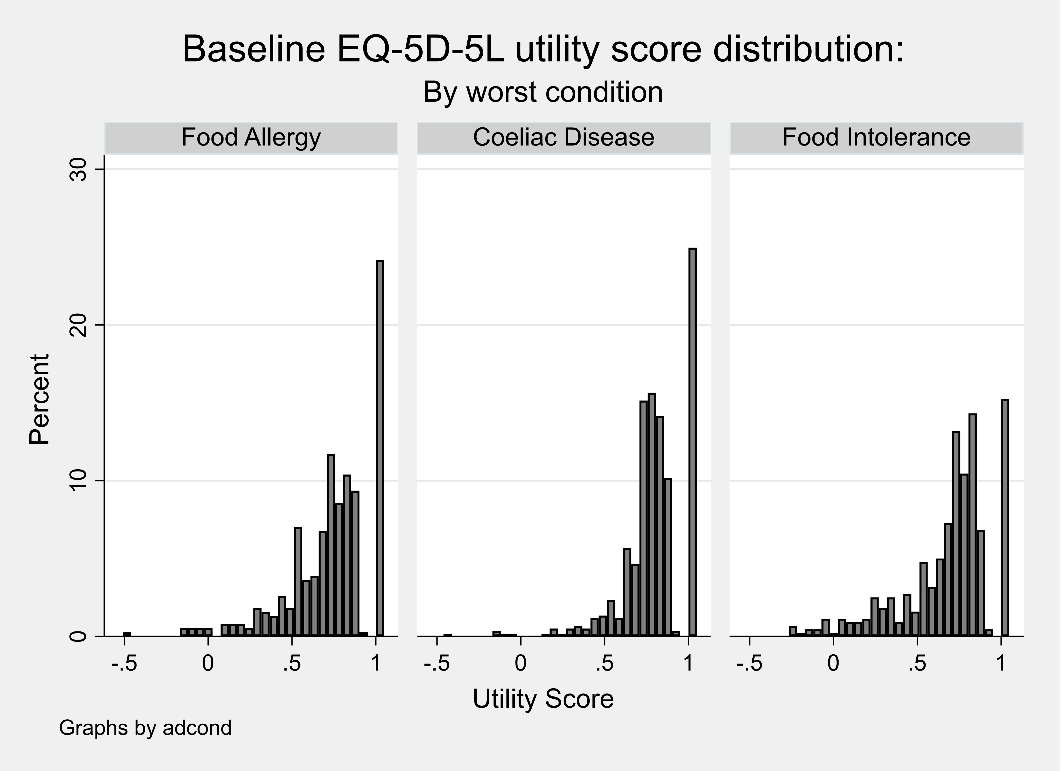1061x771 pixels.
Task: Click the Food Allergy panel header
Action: click(251, 138)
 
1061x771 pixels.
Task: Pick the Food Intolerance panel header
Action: click(876, 138)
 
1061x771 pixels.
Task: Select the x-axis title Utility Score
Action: click(543, 699)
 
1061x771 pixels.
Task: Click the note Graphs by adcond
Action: click(145, 728)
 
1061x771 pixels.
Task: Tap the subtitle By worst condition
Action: click(543, 92)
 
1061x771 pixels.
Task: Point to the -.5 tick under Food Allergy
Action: click(125, 664)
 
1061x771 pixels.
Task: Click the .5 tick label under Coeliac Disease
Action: click(604, 664)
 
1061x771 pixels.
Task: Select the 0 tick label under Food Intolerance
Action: click(833, 664)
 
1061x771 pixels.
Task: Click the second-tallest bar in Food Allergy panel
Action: click(331, 545)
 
